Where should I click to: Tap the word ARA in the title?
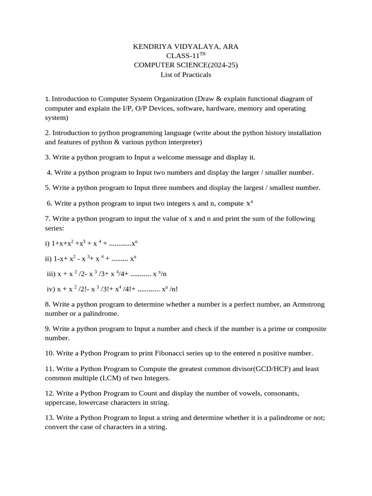pos(230,46)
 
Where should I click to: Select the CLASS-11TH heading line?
pos(186,56)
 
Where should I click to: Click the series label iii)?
pos(51,274)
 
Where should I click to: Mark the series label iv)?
pos(51,289)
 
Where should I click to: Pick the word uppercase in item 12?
pos(61,403)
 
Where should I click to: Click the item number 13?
pos(49,417)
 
